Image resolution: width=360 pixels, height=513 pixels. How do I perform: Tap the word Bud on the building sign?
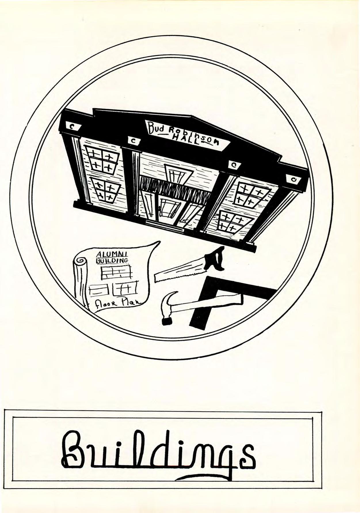point(157,127)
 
